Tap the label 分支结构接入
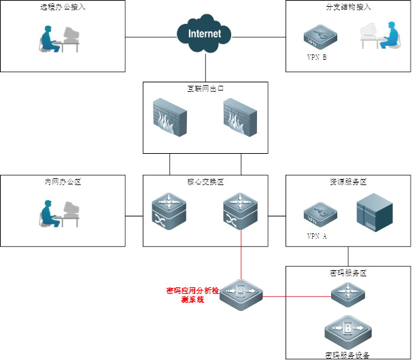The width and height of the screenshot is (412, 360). click(348, 7)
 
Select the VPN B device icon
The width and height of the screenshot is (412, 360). click(317, 37)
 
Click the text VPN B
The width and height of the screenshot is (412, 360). click(316, 57)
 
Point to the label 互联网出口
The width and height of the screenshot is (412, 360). click(205, 88)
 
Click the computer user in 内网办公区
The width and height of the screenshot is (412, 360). click(58, 213)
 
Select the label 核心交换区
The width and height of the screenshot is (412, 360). click(205, 182)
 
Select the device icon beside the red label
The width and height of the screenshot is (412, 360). click(241, 295)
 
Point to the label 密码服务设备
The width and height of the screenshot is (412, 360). click(347, 355)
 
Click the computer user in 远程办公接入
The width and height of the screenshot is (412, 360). click(58, 39)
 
